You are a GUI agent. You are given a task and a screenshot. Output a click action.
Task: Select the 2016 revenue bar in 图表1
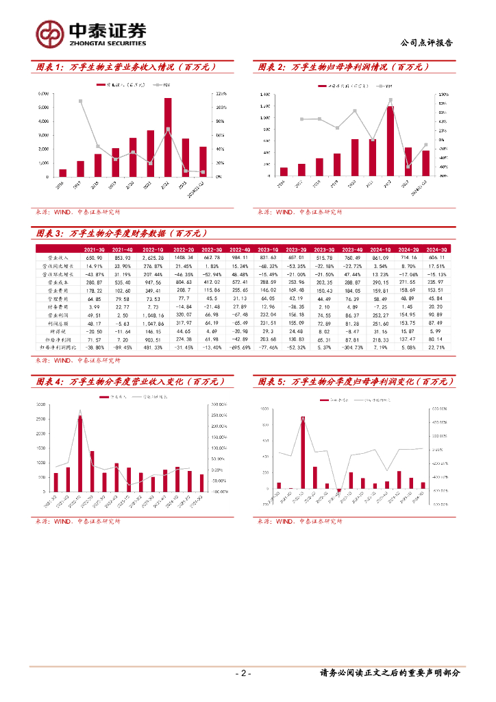pos(63,173)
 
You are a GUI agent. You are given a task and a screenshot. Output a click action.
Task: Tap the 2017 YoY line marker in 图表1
pos(81,101)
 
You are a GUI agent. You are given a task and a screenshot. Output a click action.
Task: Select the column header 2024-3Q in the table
pos(436,250)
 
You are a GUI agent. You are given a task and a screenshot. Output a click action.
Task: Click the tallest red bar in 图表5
pos(302,452)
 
